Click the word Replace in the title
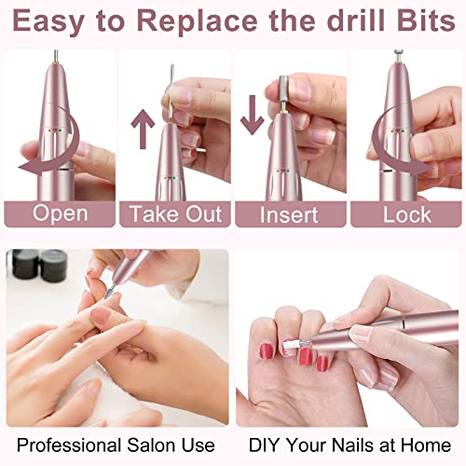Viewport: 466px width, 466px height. click(x=197, y=21)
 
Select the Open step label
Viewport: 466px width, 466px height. click(x=60, y=213)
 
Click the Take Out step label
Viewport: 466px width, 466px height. click(x=175, y=213)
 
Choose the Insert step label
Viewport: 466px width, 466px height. click(x=289, y=214)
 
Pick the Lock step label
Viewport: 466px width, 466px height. click(x=407, y=214)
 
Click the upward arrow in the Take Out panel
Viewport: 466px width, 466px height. click(x=143, y=129)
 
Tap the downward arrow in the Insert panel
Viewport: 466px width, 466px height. click(x=253, y=115)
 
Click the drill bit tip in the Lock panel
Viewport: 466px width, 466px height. click(x=396, y=53)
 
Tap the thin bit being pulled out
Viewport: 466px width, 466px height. click(x=171, y=93)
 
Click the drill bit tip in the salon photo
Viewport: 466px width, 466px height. click(x=108, y=293)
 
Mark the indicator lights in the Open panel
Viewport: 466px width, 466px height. click(x=57, y=130)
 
